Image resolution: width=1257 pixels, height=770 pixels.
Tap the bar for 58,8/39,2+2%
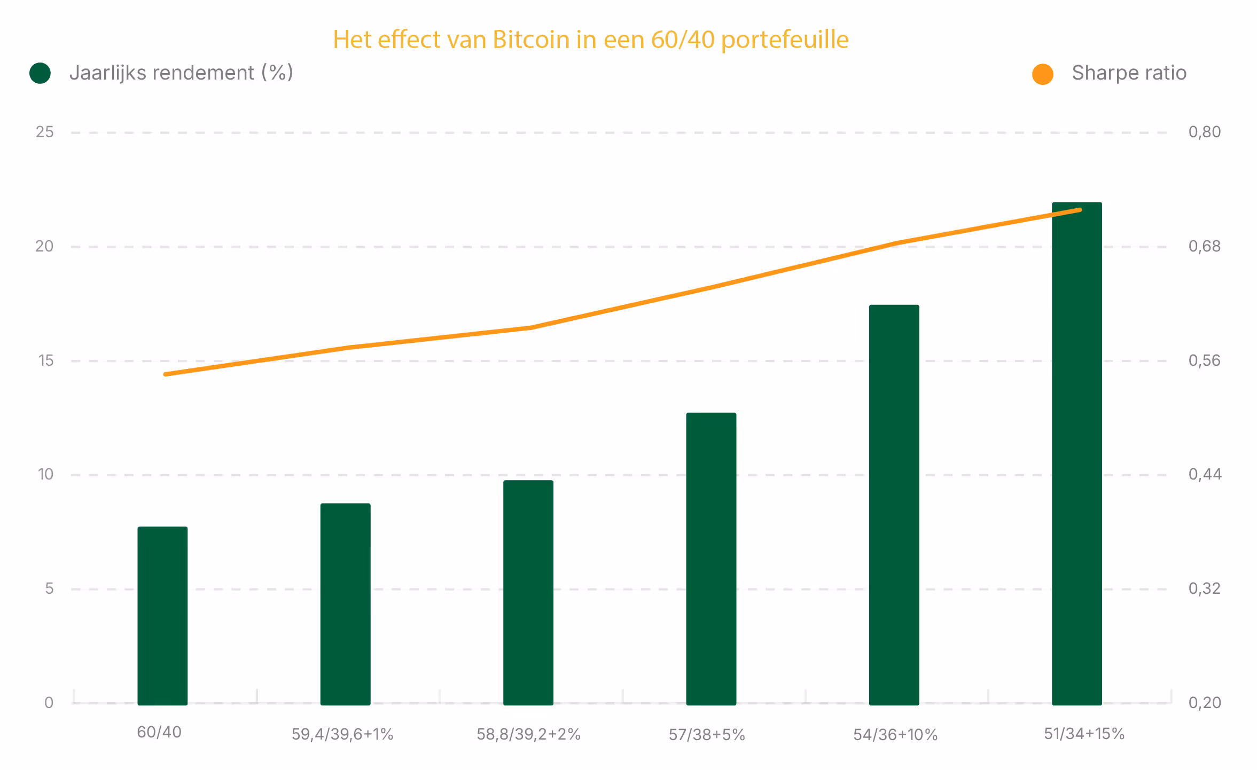tap(528, 592)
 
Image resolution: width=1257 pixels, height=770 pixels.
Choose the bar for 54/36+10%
tap(894, 505)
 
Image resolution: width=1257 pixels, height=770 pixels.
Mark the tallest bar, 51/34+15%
tap(1076, 454)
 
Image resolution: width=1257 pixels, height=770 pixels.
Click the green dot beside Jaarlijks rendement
tap(40, 73)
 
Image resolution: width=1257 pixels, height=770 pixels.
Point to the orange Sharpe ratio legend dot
tap(1042, 74)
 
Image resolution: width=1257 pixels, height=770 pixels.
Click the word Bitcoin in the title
tap(531, 40)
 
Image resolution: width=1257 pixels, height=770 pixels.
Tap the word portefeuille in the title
tap(785, 40)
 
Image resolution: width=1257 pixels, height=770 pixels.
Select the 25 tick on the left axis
tap(45, 132)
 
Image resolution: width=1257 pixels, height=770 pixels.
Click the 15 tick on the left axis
tap(46, 360)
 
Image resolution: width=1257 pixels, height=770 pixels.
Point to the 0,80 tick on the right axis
tap(1204, 132)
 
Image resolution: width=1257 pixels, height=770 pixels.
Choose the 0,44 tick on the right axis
tap(1205, 474)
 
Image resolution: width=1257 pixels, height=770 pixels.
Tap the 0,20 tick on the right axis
tap(1205, 702)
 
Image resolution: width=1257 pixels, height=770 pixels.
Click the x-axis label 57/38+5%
tap(707, 735)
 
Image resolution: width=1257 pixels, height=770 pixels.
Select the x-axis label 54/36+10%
tap(895, 735)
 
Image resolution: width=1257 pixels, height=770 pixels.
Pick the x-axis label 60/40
tap(159, 732)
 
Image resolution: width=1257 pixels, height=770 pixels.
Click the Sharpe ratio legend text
tap(1129, 73)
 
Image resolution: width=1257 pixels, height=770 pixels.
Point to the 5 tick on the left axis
tap(49, 588)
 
